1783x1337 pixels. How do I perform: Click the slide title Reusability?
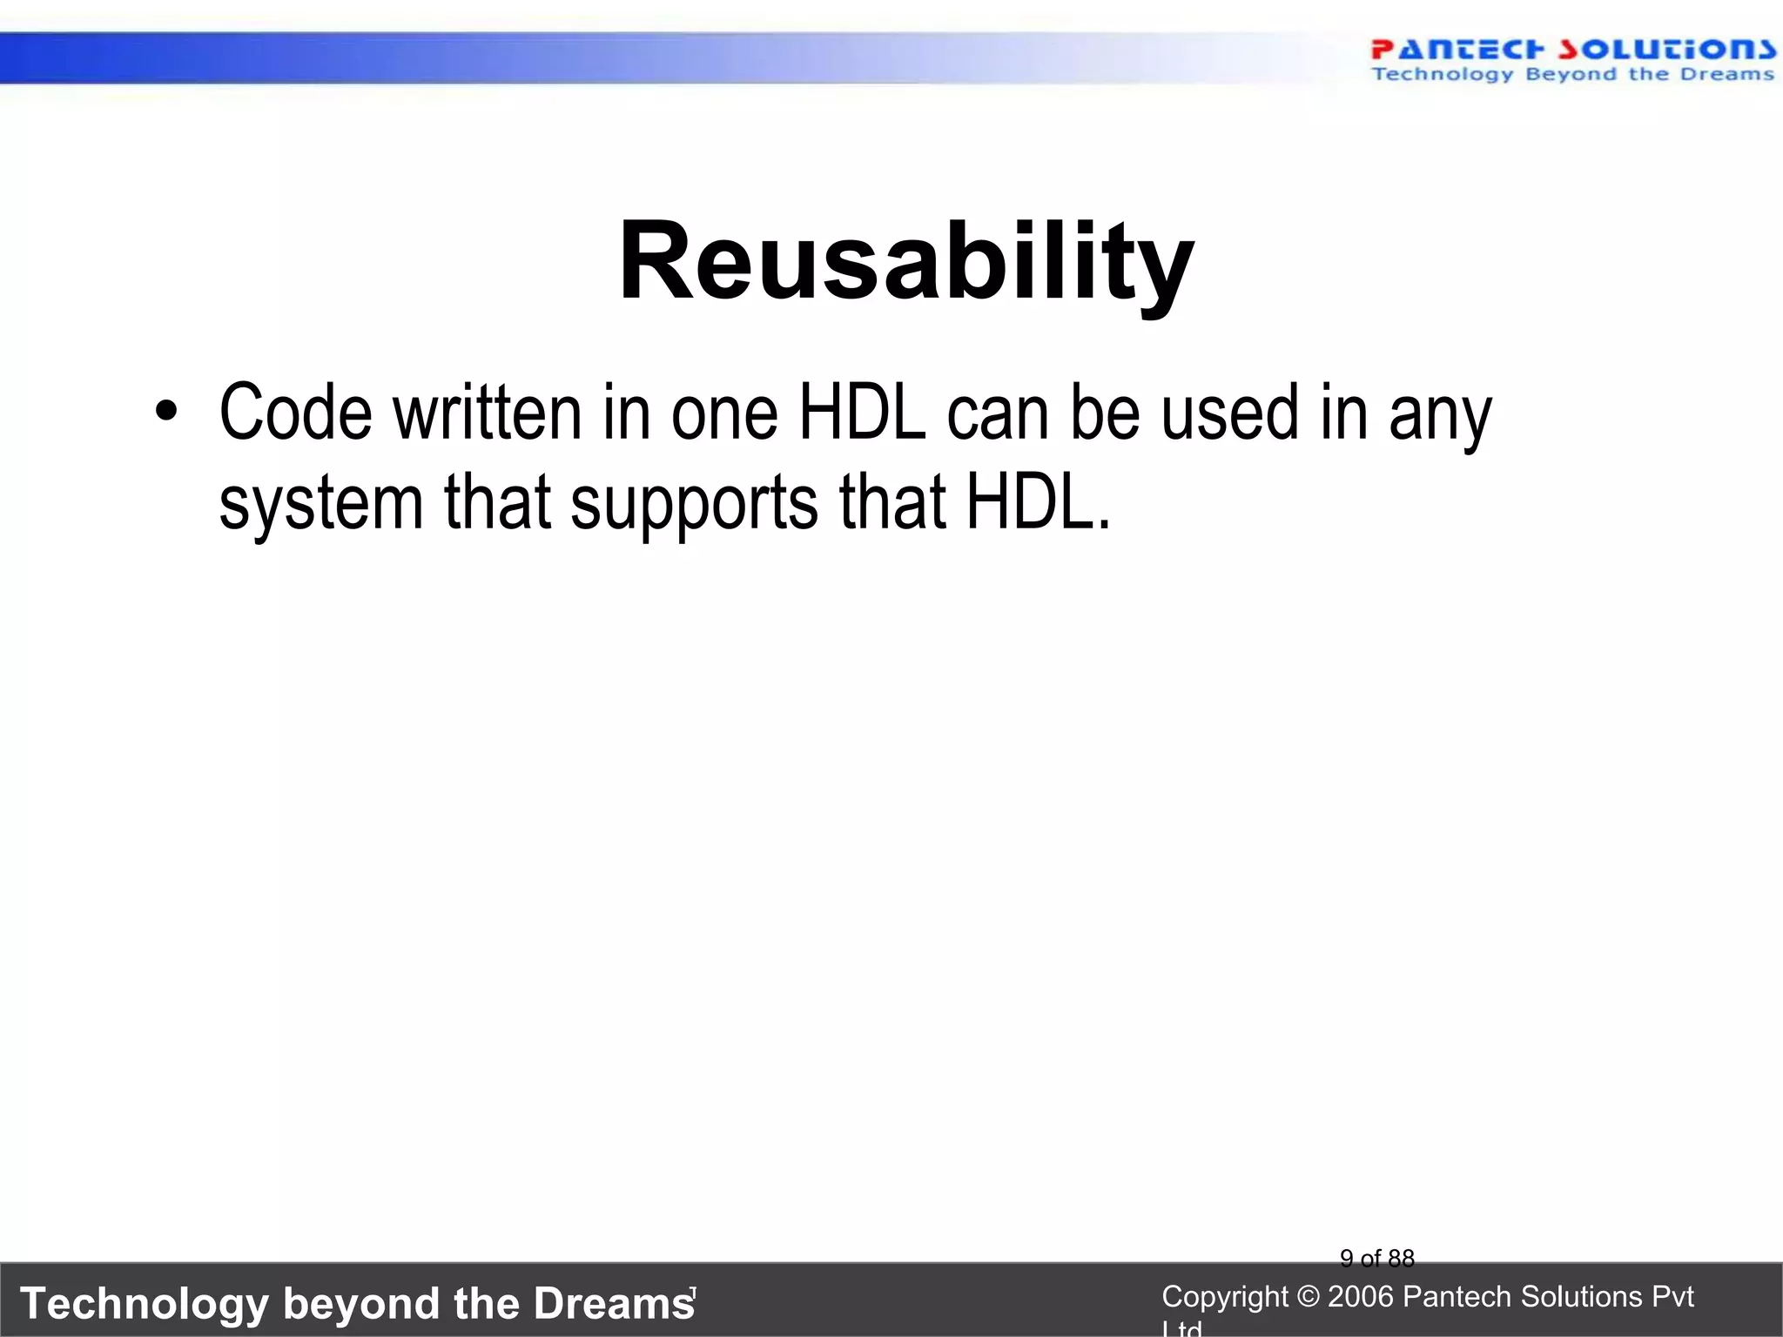click(905, 262)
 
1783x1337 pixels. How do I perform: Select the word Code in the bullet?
click(295, 413)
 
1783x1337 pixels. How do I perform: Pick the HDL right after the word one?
click(862, 413)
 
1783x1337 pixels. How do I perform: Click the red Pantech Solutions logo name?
click(1571, 50)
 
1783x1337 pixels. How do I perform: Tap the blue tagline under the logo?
click(1571, 75)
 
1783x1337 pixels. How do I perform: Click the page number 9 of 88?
click(1376, 1258)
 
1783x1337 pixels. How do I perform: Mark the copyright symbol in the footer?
click(1308, 1297)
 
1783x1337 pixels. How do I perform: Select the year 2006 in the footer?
click(1362, 1297)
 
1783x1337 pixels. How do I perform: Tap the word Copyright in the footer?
click(1224, 1297)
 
